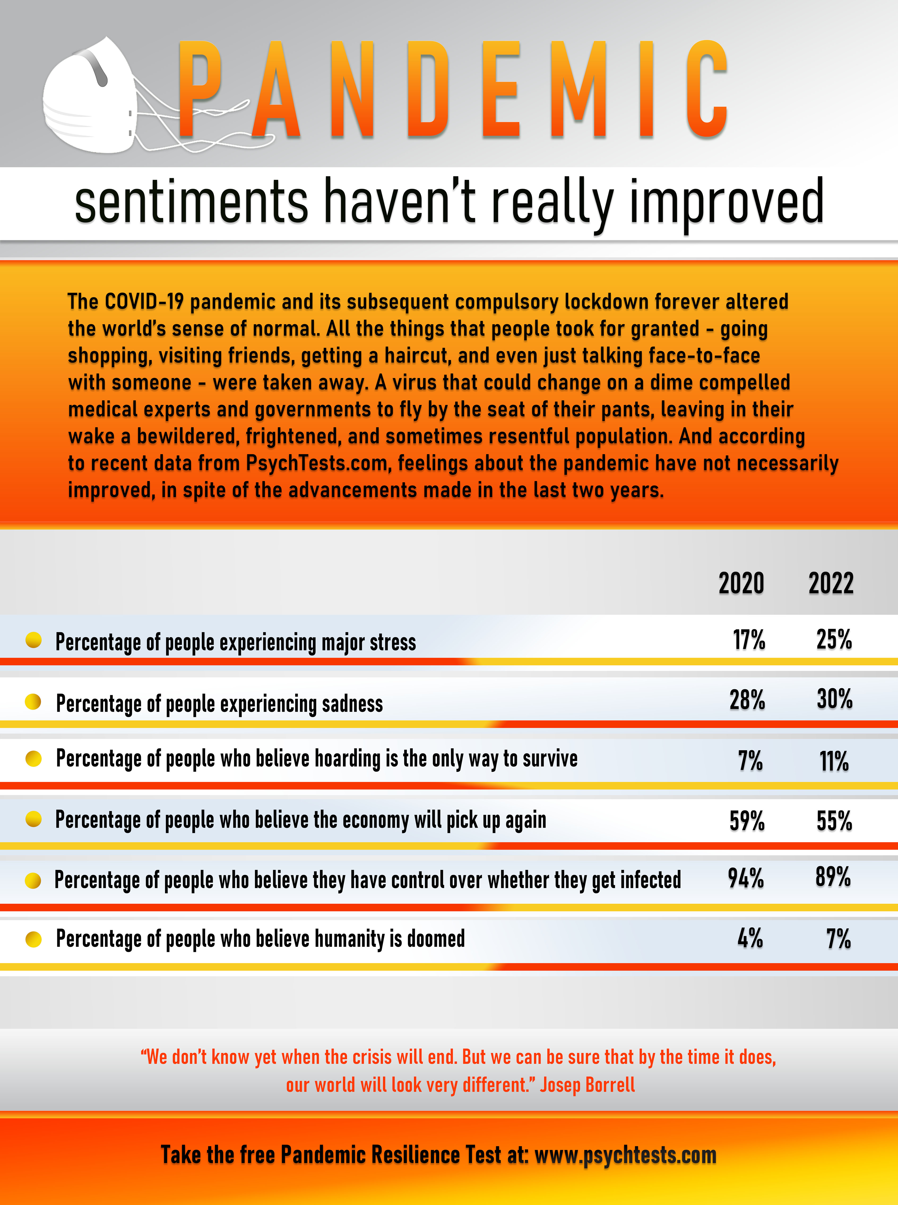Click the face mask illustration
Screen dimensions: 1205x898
(x=90, y=98)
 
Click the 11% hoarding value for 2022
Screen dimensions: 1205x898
(x=834, y=761)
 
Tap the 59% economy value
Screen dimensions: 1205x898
(x=747, y=821)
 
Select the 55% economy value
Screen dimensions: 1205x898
(x=834, y=821)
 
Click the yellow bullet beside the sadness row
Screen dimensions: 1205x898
(x=33, y=702)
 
